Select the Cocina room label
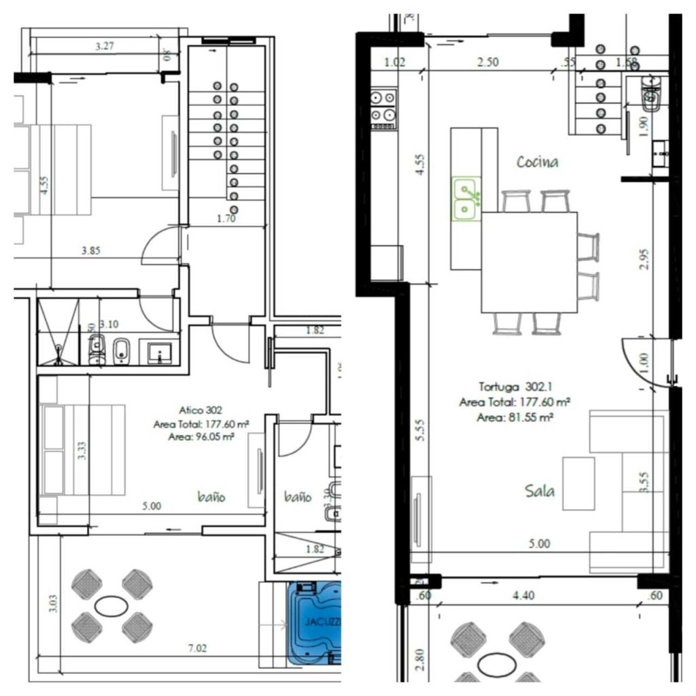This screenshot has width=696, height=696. (537, 162)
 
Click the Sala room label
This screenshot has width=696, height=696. (540, 490)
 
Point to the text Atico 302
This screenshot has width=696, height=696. (201, 411)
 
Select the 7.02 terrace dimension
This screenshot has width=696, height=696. (197, 648)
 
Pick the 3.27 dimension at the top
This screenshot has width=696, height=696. (105, 47)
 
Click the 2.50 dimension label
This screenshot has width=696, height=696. (488, 62)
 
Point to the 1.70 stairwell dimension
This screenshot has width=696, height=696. (226, 220)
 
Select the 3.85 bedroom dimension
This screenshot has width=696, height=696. (90, 250)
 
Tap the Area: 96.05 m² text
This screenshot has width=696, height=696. (201, 437)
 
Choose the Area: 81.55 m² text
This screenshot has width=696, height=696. (514, 417)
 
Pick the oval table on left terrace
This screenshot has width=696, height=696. (111, 604)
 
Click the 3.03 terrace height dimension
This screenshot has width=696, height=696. (54, 602)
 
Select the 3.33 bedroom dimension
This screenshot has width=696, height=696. (82, 451)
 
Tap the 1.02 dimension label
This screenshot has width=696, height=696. (395, 62)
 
